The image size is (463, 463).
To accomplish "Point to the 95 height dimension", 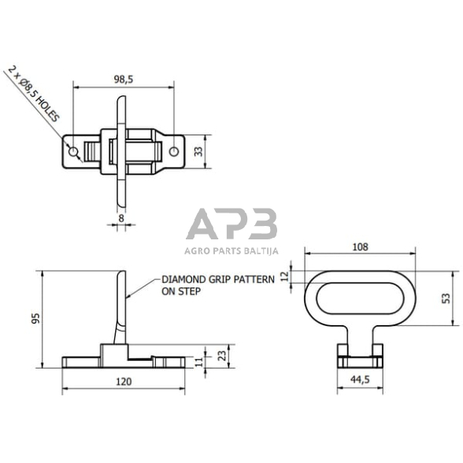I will point(32,319).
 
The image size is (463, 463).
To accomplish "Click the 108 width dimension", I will point(359,246).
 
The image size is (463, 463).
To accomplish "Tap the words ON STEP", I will point(180,291).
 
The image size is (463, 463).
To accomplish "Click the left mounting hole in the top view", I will point(74,150).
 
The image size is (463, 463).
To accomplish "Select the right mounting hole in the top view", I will point(172,150).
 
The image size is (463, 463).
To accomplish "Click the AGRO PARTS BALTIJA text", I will point(231,252).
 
